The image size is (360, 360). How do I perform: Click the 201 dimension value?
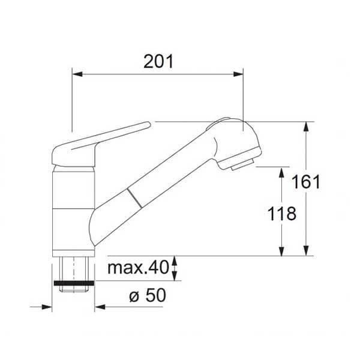158,62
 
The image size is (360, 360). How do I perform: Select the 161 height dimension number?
305,182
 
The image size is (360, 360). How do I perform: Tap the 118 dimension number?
282,214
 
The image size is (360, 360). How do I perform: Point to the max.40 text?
138,268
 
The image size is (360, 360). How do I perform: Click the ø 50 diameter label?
148,295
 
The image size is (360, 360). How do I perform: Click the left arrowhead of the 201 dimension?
77,74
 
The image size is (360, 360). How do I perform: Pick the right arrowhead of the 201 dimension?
238,74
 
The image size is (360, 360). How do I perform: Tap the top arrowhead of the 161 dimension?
306,127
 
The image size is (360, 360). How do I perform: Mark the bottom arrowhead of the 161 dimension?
306,250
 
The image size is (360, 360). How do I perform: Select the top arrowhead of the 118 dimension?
282,172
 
